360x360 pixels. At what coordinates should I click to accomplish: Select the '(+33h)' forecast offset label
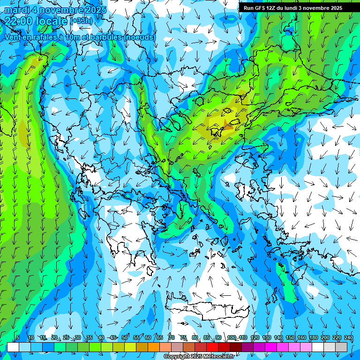tap(81, 21)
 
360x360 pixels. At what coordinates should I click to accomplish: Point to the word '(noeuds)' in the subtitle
tap(140, 37)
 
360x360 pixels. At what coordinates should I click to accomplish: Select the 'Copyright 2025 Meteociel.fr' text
tap(200, 357)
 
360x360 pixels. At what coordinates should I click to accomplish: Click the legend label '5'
tap(18, 338)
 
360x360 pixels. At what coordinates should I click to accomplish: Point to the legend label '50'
tap(125, 338)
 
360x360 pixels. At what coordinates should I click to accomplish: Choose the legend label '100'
tap(232, 338)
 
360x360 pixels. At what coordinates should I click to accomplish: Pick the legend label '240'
tap(349, 338)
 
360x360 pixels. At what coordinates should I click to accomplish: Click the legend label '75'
tap(183, 338)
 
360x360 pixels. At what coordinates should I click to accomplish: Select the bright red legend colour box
tap(212, 347)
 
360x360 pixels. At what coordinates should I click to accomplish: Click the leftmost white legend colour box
tap(13, 347)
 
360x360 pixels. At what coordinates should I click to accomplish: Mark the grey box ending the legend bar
tap(341, 347)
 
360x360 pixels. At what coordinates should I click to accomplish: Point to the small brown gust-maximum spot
tap(228, 124)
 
